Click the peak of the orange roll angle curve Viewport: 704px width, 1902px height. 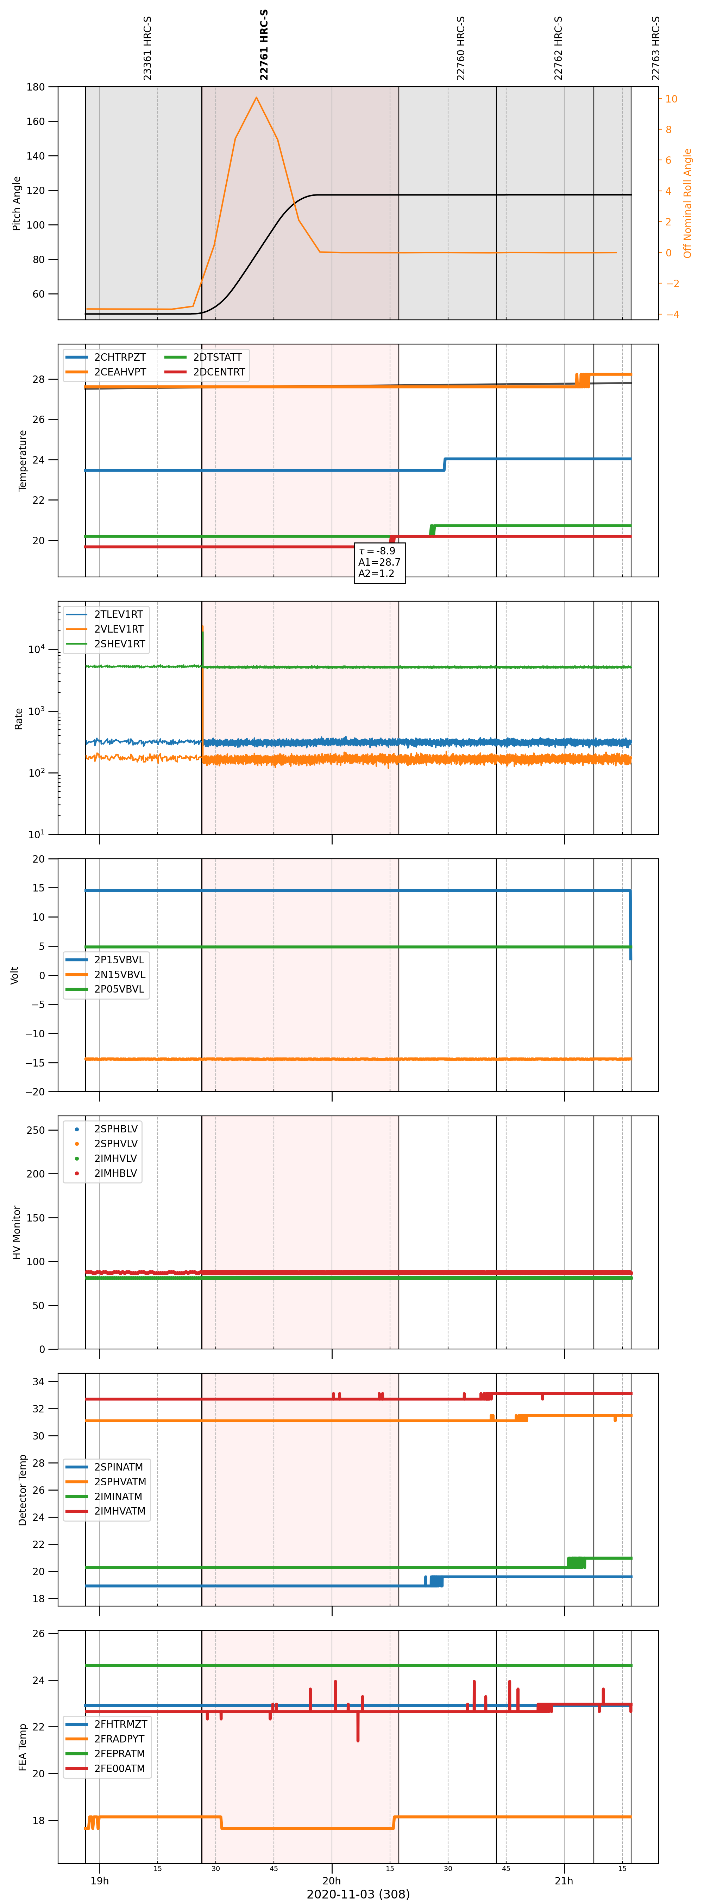click(256, 98)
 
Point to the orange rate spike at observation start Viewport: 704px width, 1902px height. click(202, 690)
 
